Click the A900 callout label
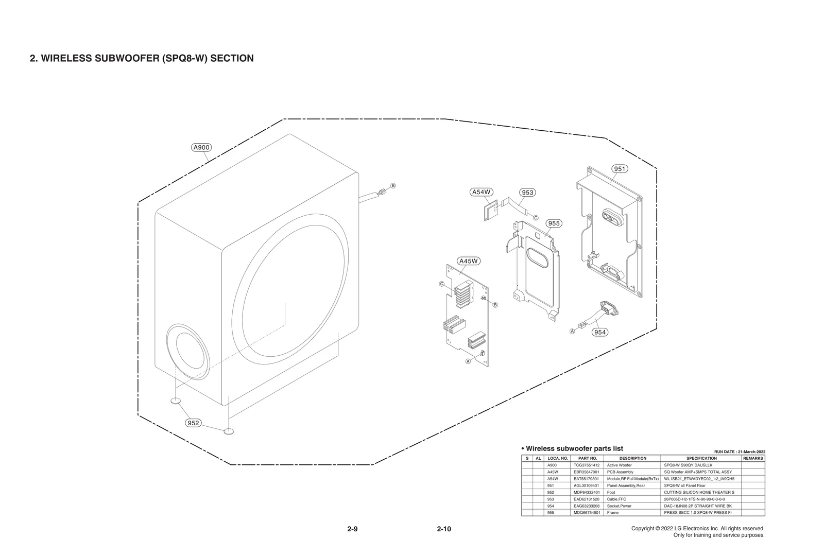pyautogui.click(x=201, y=147)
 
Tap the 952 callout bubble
pyautogui.click(x=193, y=423)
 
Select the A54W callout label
pyautogui.click(x=482, y=192)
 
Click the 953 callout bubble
pyautogui.click(x=527, y=193)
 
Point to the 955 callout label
pyautogui.click(x=554, y=223)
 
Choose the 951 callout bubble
pyautogui.click(x=620, y=169)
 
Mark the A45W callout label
pyautogui.click(x=469, y=261)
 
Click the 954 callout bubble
pyautogui.click(x=600, y=332)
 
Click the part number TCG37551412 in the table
pyautogui.click(x=587, y=465)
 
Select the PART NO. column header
pyautogui.click(x=588, y=458)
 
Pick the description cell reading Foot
pyautogui.click(x=611, y=492)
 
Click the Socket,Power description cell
pyautogui.click(x=620, y=506)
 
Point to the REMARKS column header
pyautogui.click(x=753, y=458)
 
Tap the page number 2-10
pyautogui.click(x=444, y=529)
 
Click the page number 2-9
pyautogui.click(x=352, y=529)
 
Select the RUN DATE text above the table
pyautogui.click(x=740, y=451)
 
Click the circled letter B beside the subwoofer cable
pyautogui.click(x=393, y=185)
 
